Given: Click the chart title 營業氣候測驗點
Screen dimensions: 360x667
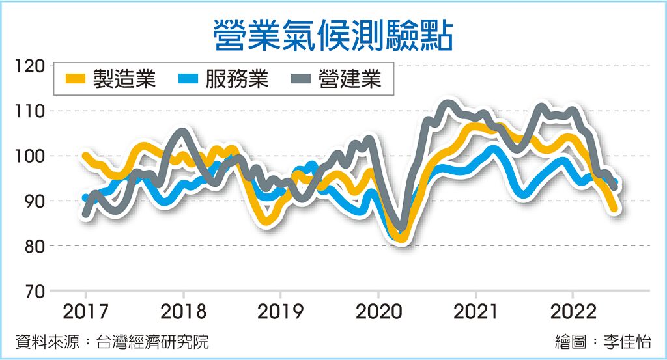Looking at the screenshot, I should point(333,34).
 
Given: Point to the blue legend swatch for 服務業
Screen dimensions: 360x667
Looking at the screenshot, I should point(188,79).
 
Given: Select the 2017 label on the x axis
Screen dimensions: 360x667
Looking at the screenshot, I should point(85,311).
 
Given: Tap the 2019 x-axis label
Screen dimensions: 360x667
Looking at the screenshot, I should point(280,311).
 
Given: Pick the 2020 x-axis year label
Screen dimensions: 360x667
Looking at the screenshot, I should point(378,311).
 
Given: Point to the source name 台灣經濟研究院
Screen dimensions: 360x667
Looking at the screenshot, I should point(152,342).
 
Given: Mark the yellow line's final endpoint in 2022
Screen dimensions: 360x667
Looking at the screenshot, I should point(614,208).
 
